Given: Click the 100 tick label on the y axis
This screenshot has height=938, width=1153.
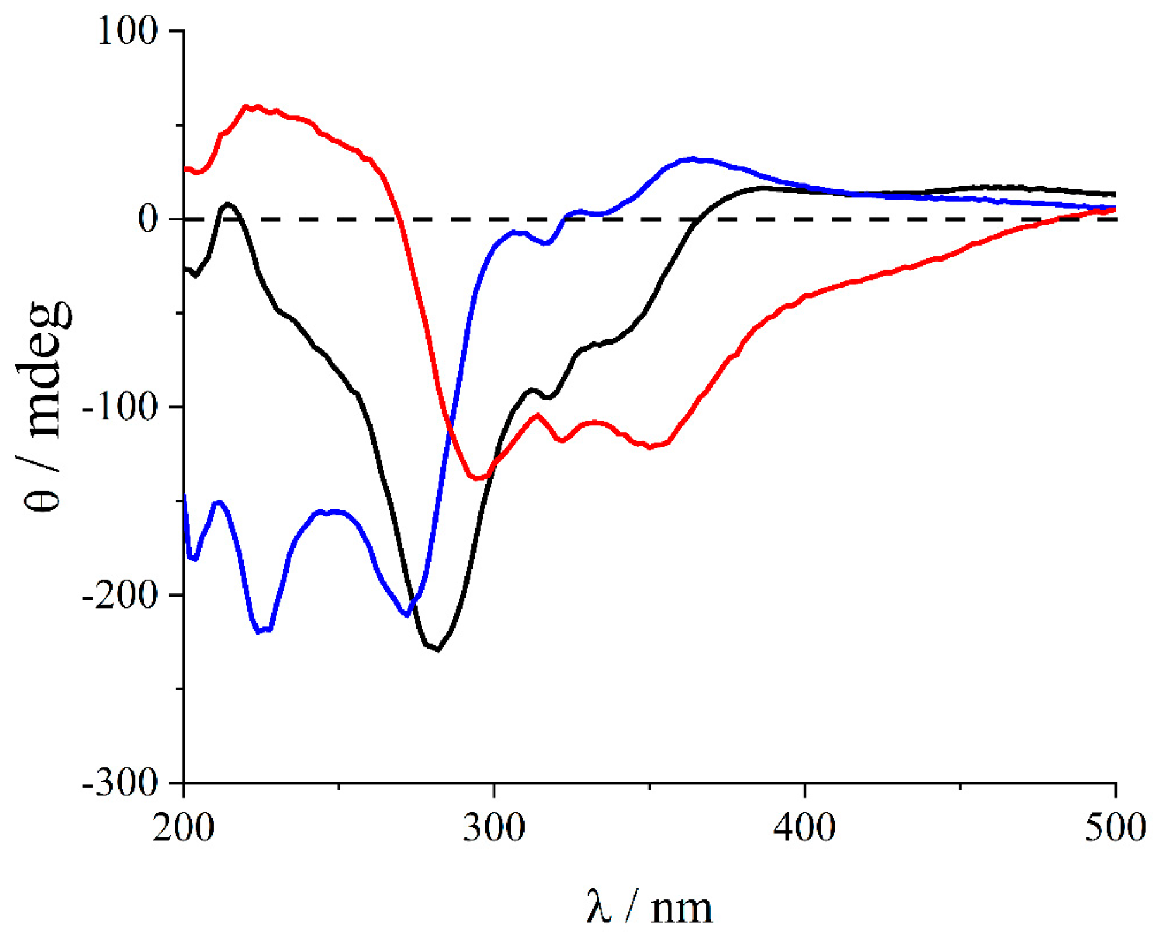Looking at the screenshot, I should pyautogui.click(x=127, y=32).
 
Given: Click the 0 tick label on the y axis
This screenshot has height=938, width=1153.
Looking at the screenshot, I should pyautogui.click(x=147, y=219).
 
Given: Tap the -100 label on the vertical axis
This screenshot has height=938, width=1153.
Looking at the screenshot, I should pyautogui.click(x=119, y=407).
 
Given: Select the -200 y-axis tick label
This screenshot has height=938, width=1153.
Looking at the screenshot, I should pyautogui.click(x=119, y=595).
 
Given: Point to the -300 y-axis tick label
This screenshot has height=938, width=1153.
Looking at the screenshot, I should pyautogui.click(x=119, y=784).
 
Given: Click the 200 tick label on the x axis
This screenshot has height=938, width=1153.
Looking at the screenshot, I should pyautogui.click(x=184, y=828).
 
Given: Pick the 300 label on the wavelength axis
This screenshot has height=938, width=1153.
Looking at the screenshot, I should pyautogui.click(x=494, y=828).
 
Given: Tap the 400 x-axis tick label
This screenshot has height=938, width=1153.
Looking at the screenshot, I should pyautogui.click(x=804, y=828).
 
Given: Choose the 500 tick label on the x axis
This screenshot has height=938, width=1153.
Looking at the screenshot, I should pyautogui.click(x=1114, y=828).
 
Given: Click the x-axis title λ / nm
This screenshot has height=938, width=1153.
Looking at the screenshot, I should pyautogui.click(x=649, y=908).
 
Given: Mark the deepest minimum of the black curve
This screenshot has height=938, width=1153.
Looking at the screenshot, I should pyautogui.click(x=437, y=649).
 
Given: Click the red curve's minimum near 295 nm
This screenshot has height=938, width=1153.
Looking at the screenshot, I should pyautogui.click(x=478, y=478).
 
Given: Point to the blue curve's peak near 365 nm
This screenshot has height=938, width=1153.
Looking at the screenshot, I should pyautogui.click(x=693, y=158).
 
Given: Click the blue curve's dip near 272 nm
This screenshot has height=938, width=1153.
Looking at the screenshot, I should pyautogui.click(x=407, y=614).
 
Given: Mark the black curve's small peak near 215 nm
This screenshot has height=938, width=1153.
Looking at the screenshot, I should pyautogui.click(x=227, y=204).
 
